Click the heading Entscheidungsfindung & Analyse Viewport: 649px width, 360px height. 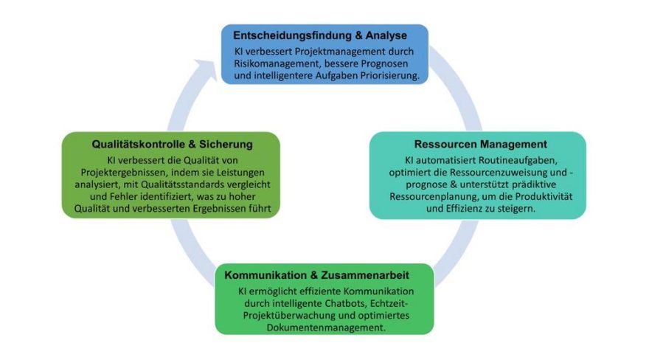tap(320, 35)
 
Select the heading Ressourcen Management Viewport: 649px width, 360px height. tap(481, 144)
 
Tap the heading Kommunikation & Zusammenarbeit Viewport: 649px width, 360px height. tap(316, 275)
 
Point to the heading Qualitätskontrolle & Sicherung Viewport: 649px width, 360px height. tap(172, 144)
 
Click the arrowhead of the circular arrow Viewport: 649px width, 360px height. tap(206, 69)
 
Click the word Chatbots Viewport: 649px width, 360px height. tap(346, 303)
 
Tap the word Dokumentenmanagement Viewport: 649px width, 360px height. tap(326, 328)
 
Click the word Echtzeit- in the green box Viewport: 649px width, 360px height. tap(389, 303)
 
